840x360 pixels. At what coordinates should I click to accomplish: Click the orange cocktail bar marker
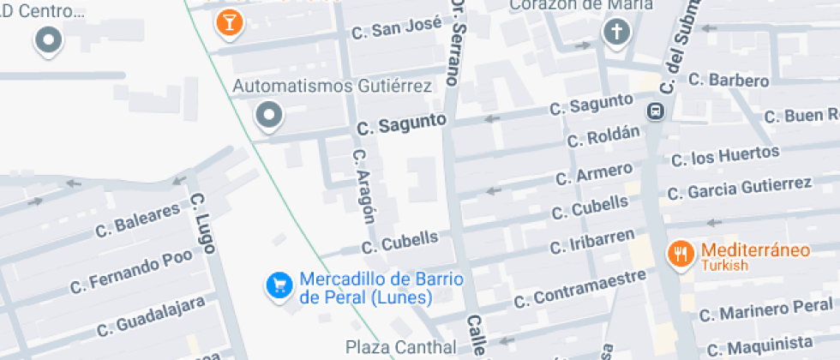(x=229, y=21)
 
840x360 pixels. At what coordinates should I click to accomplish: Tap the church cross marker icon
(x=615, y=33)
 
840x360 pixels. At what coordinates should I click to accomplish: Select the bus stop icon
(x=656, y=111)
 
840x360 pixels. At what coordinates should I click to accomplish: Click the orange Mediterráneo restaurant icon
(x=681, y=253)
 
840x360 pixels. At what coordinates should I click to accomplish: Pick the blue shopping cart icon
(x=279, y=286)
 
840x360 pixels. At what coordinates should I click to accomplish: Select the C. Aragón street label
(x=364, y=185)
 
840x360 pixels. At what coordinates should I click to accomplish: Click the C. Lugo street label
(x=203, y=222)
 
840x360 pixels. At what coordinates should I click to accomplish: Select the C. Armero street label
(x=593, y=173)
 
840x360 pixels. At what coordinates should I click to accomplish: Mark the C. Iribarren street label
(x=592, y=243)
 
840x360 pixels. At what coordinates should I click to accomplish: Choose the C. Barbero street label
(x=729, y=80)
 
